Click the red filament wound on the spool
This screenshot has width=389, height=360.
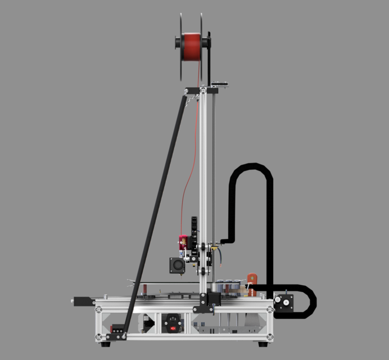[191, 46]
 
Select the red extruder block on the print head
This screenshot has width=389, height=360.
[183, 241]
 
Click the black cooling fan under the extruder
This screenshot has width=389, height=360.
[178, 265]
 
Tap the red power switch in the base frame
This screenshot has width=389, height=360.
[172, 325]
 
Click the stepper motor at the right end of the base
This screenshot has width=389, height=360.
[283, 303]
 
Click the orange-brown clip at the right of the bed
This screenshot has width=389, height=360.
[252, 279]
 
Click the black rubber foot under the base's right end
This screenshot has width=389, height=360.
[262, 343]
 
